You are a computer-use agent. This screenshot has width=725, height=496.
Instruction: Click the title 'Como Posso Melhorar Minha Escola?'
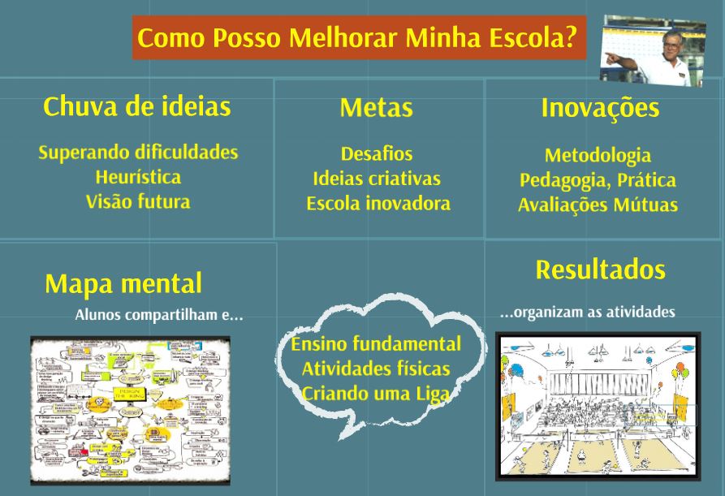pos(358,37)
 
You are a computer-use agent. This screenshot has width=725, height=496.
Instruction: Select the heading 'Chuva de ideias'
pos(136,106)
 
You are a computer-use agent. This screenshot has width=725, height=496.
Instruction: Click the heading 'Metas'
pos(376,108)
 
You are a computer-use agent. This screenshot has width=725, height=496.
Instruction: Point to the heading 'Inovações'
pos(599,108)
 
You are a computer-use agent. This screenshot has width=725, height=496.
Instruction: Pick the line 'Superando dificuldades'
pos(138,152)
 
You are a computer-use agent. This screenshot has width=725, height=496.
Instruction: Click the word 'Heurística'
pos(138,177)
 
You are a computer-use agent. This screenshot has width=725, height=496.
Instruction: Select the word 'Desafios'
pos(377,153)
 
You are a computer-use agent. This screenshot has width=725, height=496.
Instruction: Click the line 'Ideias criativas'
pos(377,179)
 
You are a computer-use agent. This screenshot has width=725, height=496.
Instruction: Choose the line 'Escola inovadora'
pos(378,204)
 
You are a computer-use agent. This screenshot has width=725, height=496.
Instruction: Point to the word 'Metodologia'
pos(598,155)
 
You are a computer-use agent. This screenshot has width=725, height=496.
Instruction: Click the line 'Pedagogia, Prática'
pos(598,180)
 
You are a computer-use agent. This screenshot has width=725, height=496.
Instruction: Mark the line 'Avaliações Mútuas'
pos(598,205)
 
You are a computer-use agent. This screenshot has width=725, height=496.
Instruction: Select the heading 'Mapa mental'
pos(123,283)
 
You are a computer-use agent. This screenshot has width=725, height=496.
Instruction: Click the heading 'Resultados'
pos(600,270)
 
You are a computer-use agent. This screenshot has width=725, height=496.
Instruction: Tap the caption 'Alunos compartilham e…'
pos(159,315)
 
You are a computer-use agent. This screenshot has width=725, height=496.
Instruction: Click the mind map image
pos(131,410)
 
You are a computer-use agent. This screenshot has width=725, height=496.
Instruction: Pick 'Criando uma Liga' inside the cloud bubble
pos(376,394)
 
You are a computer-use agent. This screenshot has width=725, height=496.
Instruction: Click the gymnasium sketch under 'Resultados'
pos(598,405)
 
